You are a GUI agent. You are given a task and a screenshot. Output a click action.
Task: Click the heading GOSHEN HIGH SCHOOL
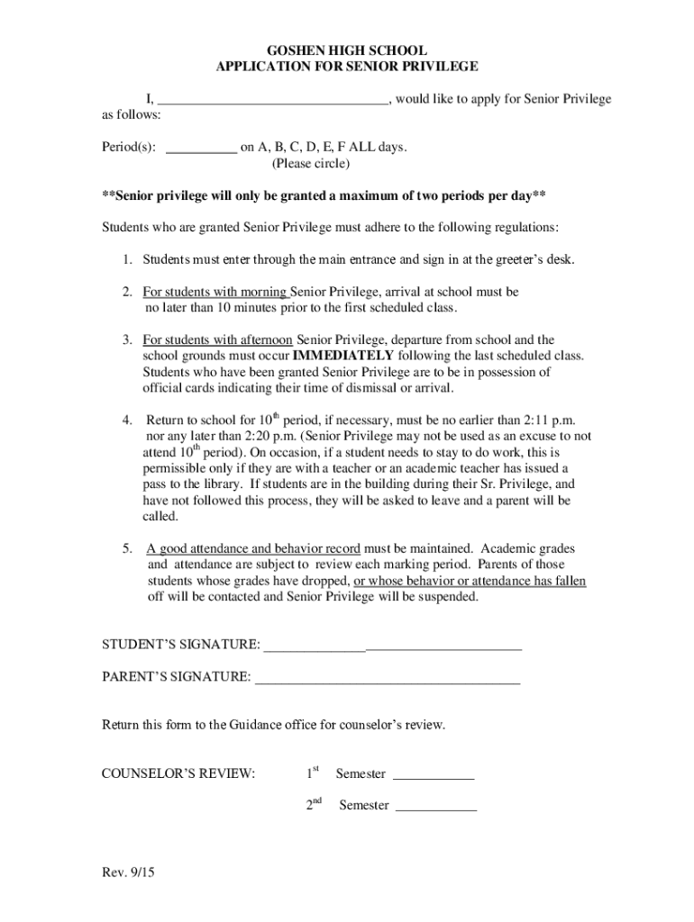click(347, 50)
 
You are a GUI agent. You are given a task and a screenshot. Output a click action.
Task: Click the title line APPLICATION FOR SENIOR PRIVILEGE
click(347, 67)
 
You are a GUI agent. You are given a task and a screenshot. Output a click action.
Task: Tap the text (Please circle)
click(311, 165)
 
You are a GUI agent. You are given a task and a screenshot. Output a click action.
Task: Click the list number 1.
click(128, 260)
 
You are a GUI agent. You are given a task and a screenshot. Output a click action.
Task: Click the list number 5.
click(128, 548)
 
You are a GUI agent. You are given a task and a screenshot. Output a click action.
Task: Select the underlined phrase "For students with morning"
click(216, 293)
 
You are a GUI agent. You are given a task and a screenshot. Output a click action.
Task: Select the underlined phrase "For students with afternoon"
click(217, 340)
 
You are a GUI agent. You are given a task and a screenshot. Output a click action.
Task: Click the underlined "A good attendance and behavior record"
click(254, 548)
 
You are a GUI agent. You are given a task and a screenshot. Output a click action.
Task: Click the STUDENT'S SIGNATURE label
click(180, 645)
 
